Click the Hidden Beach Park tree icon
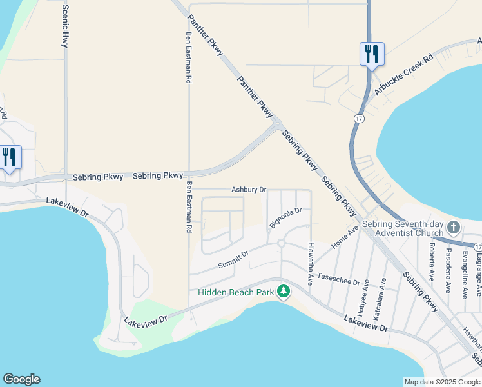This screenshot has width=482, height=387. pos(284,292)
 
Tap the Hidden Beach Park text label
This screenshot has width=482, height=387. pos(236,292)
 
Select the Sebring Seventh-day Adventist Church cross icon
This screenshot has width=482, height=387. pos(454,227)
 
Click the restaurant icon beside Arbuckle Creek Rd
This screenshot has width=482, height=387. pos(371,54)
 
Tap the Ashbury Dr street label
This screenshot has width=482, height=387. pos(249,190)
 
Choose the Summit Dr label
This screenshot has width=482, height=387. pos(233,260)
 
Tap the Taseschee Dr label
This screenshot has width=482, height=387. pos(339,279)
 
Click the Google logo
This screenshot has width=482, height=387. pos(21,379)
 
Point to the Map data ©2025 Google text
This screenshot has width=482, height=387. pos(442,382)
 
